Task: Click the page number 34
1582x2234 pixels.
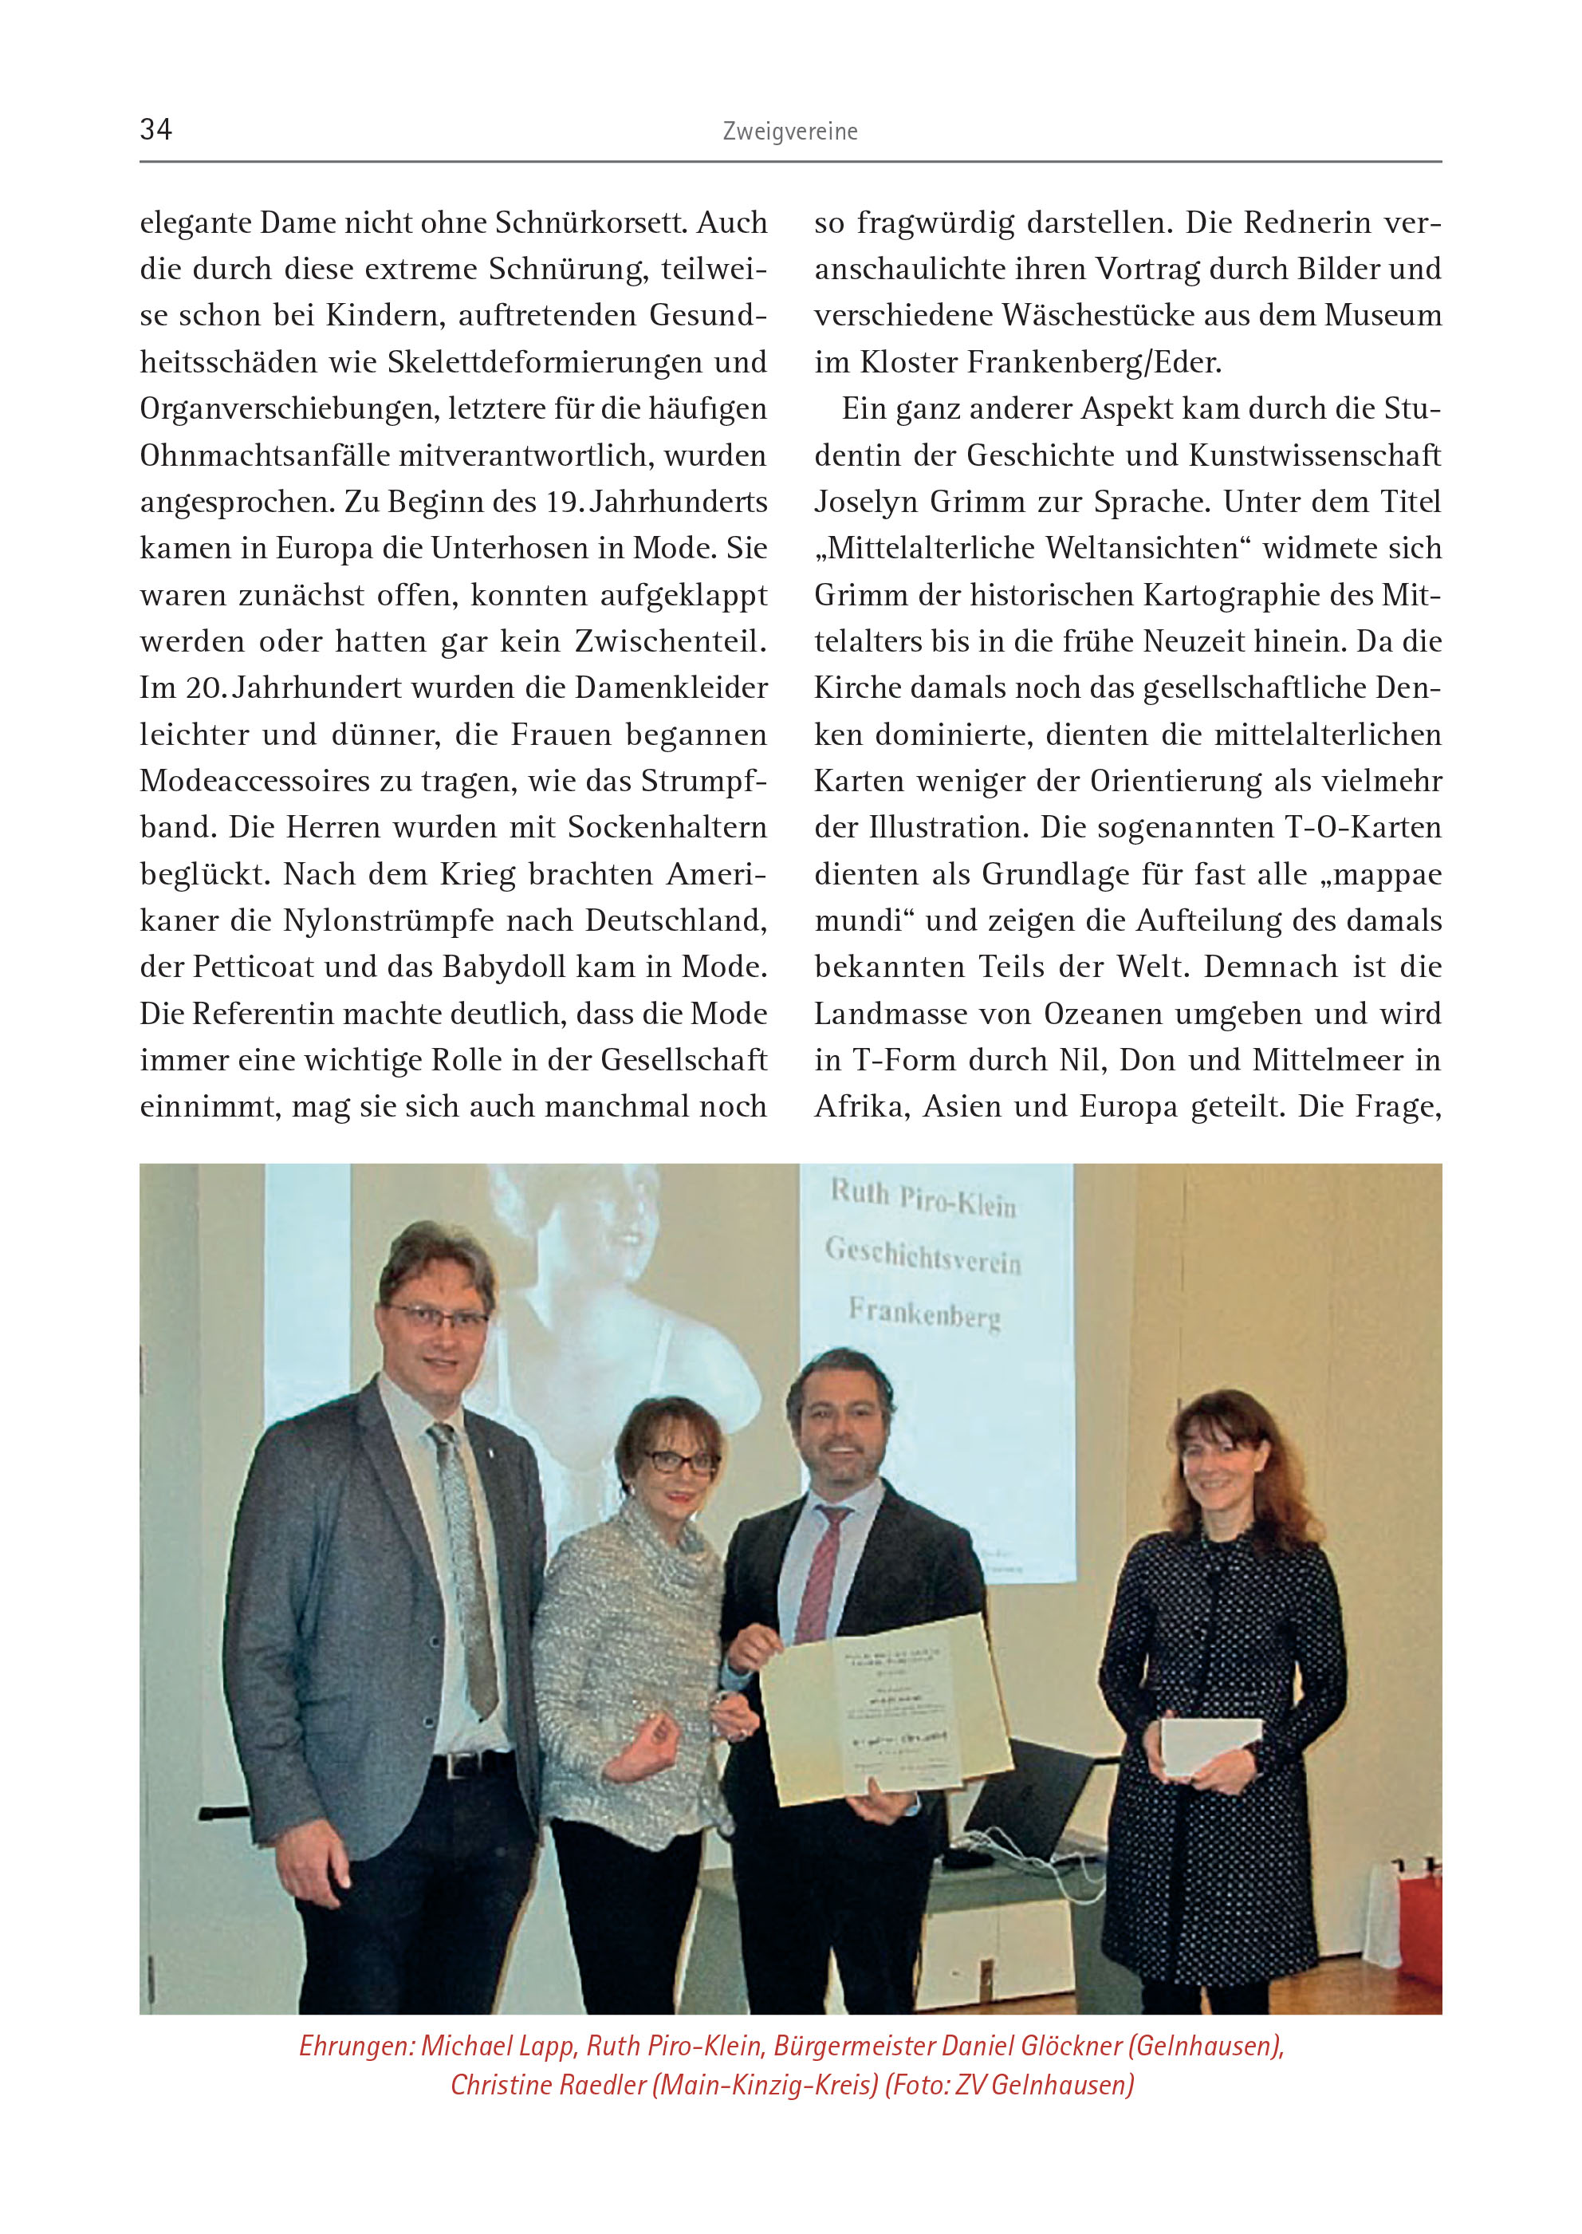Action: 155,129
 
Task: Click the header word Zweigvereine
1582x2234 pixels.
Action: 790,132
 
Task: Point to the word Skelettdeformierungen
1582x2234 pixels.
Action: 545,362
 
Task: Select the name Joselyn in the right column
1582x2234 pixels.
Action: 865,502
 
